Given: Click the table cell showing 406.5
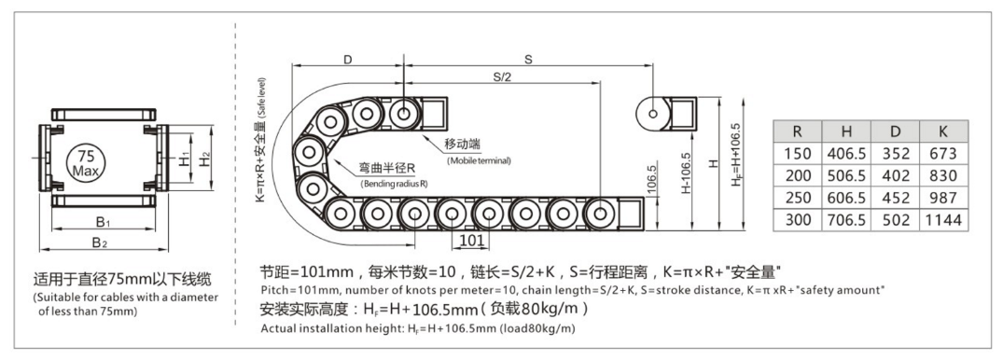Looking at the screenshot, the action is point(846,154).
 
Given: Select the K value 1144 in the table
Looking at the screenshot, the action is point(943,220).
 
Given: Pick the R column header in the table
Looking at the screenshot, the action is point(797,132).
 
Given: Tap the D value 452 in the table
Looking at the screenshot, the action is point(896,198).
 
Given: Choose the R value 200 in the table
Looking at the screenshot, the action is point(797,176).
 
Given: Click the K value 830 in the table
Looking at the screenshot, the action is point(943,176).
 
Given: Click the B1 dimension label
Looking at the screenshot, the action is point(104,222).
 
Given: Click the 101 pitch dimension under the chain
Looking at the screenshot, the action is point(471,241).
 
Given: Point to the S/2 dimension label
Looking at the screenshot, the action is point(503,77).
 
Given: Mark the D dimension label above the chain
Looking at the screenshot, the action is point(348,60).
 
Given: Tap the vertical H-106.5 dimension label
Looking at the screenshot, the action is point(686,173).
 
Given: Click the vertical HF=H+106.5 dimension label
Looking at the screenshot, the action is point(735,155).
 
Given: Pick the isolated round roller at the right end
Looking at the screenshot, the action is point(652,115).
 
